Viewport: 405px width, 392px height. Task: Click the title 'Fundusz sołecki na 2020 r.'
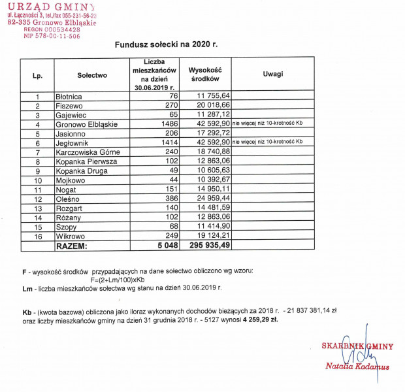(166, 46)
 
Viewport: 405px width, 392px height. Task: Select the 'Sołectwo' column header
(91, 75)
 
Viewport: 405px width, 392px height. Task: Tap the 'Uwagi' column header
(273, 74)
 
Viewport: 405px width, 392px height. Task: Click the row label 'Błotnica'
(69, 97)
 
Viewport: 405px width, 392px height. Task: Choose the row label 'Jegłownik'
(73, 142)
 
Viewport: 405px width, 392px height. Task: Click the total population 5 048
(167, 246)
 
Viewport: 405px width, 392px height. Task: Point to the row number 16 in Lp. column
(38, 236)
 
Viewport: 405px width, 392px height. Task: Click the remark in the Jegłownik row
(268, 142)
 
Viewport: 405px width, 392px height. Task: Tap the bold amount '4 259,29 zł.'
(260, 321)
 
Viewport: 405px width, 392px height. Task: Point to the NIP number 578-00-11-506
(52, 37)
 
